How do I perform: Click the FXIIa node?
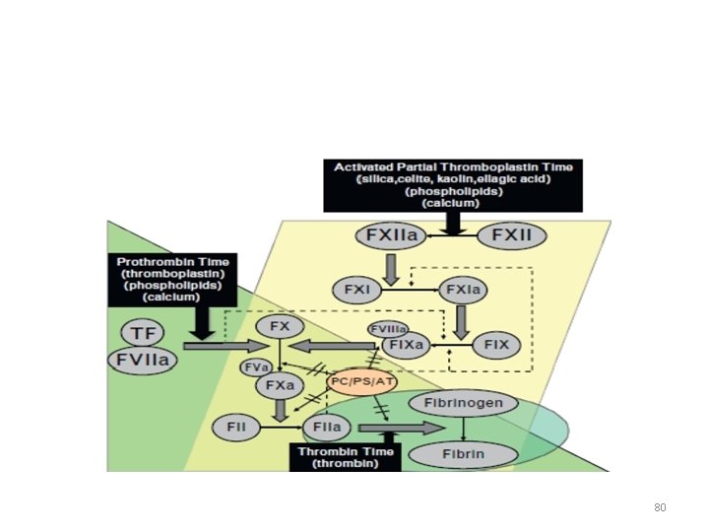[393, 237]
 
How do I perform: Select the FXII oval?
[511, 237]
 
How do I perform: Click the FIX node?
[496, 346]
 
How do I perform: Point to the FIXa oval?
[408, 346]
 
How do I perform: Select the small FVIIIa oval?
[389, 329]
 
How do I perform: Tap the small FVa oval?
[256, 366]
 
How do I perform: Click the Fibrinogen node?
[464, 403]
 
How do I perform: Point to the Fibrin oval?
[464, 453]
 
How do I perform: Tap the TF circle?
[141, 333]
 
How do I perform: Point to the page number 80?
[660, 508]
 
